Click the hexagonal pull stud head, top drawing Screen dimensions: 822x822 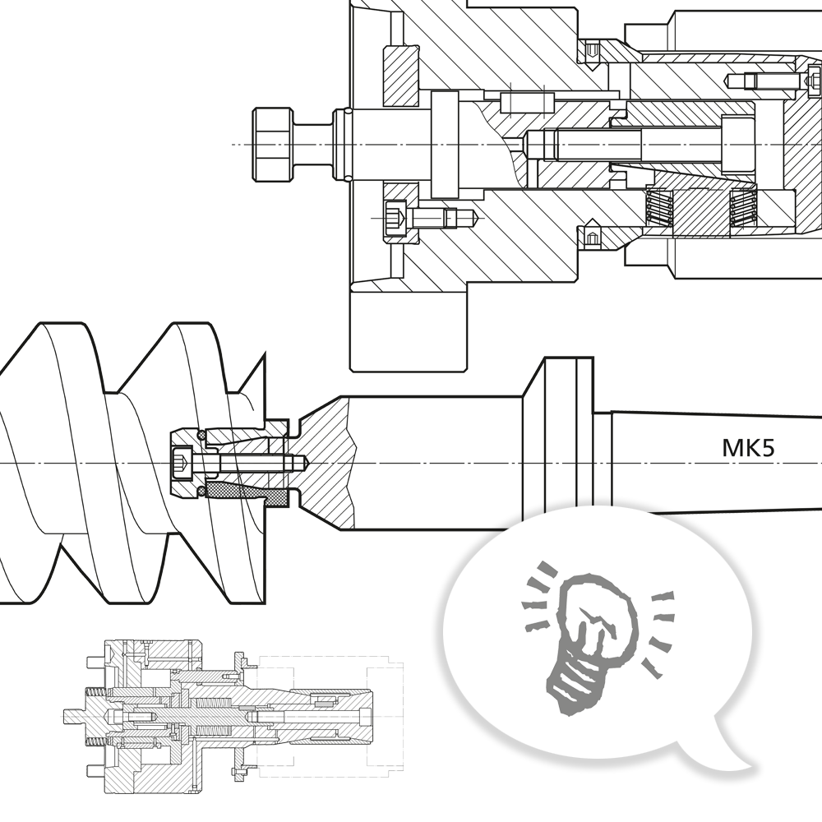[x=270, y=145]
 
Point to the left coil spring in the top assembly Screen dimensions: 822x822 [x=660, y=210]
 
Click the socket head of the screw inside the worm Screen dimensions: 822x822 [x=182, y=465]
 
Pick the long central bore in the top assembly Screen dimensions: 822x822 [x=625, y=146]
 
